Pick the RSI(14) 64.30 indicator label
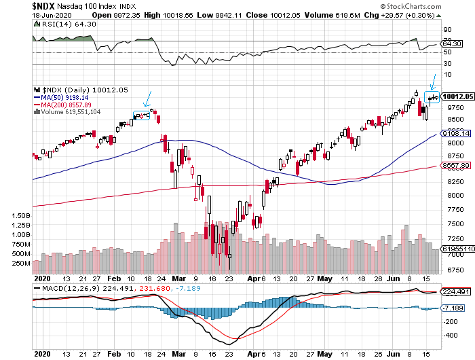click(52, 23)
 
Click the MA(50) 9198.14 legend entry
click(69, 97)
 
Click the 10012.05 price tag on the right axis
click(457, 96)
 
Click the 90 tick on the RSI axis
click(448, 30)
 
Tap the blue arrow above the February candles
click(148, 99)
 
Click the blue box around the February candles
click(142, 115)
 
